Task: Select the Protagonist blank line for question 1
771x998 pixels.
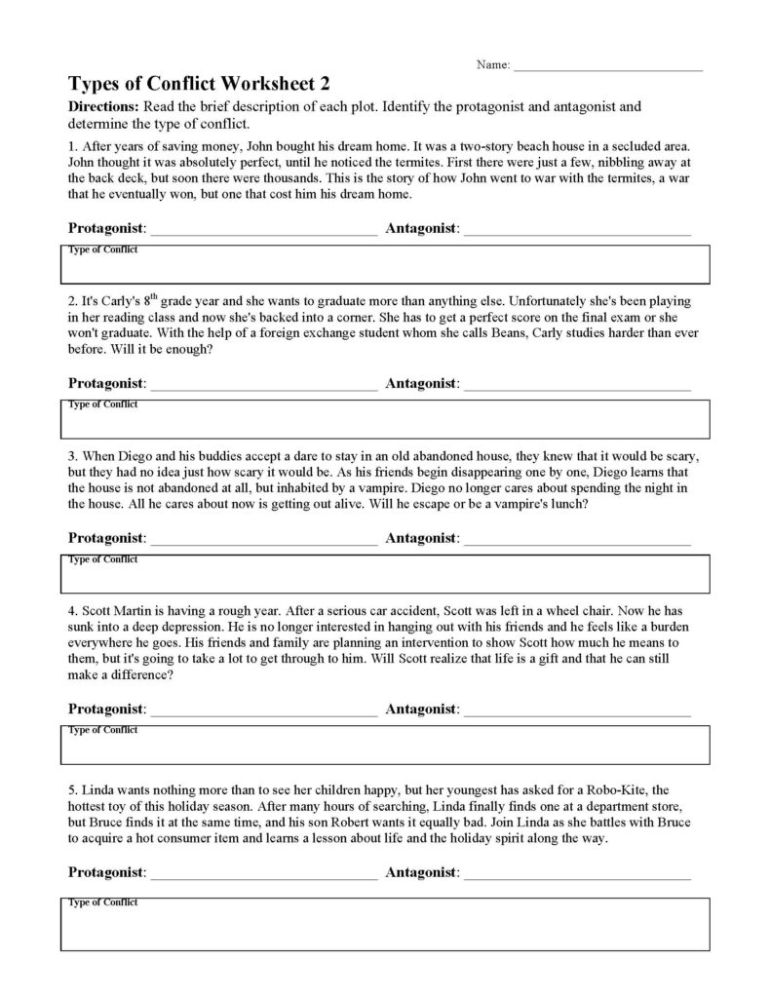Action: click(263, 231)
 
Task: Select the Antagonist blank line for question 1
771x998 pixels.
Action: click(578, 231)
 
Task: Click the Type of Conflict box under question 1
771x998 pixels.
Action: click(385, 264)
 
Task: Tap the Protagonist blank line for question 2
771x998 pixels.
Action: click(263, 385)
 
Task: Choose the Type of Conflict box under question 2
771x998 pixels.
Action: click(385, 418)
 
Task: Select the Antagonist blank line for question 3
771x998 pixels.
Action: click(578, 539)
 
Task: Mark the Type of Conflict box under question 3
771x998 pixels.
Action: click(385, 573)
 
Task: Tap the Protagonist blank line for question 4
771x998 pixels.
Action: click(263, 710)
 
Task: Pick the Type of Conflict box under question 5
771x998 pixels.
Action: click(385, 924)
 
